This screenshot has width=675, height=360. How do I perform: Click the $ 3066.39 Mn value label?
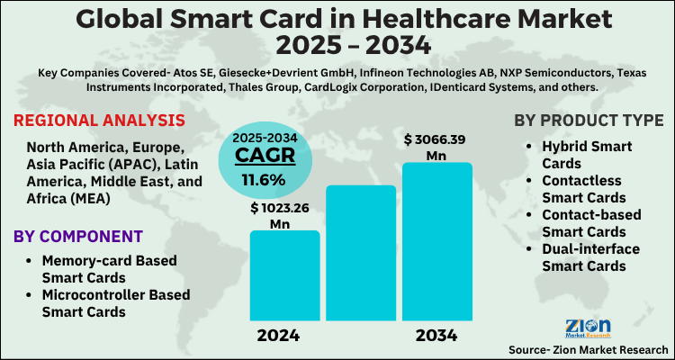click(436, 146)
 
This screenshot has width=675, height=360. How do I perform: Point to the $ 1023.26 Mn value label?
click(284, 215)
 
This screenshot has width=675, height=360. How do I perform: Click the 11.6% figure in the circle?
click(262, 179)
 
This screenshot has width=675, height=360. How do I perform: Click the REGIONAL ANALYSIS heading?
click(99, 121)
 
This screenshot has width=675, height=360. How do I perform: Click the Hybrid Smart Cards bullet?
click(585, 154)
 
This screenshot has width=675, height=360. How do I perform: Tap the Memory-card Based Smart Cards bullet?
click(108, 268)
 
